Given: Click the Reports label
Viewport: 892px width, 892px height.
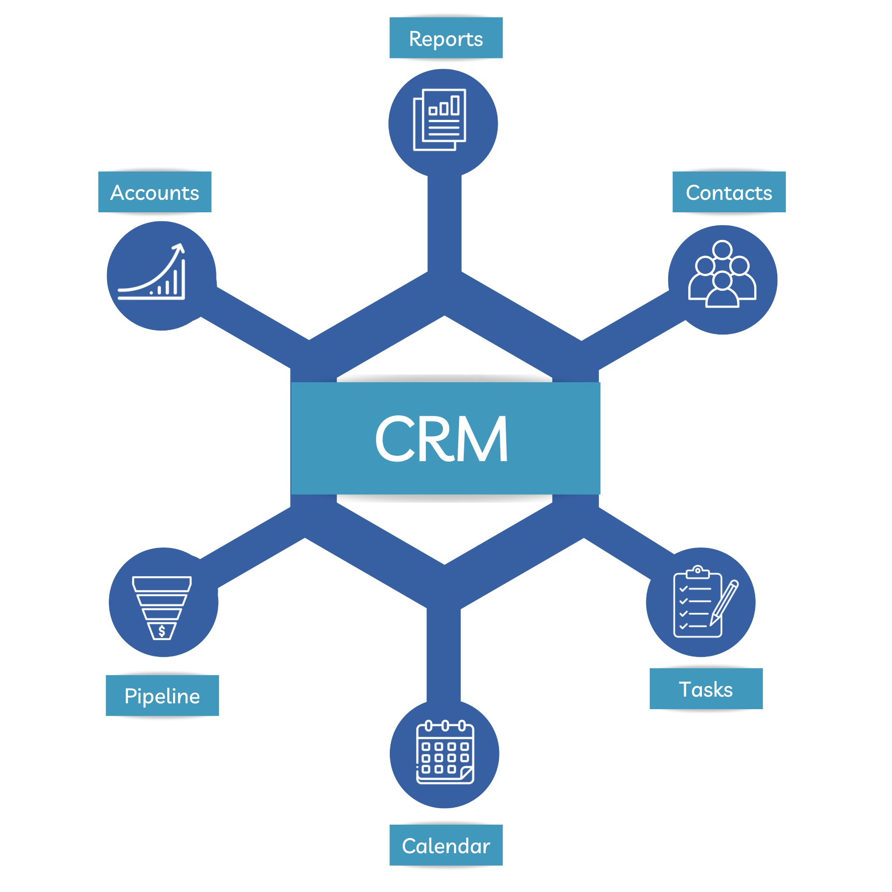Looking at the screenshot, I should (446, 38).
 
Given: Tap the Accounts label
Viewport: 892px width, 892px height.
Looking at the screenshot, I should (155, 192).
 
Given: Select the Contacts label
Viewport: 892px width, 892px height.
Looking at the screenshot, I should (729, 192).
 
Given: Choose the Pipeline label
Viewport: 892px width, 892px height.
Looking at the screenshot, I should (162, 696).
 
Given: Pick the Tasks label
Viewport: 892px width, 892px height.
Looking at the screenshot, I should (706, 689).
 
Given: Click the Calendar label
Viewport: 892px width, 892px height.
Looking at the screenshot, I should (446, 845).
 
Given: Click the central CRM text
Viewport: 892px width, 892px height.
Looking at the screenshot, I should (441, 438).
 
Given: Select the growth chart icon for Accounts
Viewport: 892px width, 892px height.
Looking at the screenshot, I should (152, 273).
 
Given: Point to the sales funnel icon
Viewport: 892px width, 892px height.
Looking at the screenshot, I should (162, 607).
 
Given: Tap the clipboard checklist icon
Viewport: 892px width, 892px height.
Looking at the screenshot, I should (698, 603).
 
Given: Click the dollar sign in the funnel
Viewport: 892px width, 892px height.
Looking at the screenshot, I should (161, 631).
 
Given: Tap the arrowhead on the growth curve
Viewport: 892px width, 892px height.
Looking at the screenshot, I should (179, 248).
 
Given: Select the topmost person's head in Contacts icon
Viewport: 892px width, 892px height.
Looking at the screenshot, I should (722, 250).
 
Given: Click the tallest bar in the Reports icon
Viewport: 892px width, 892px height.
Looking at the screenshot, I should (455, 105).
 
